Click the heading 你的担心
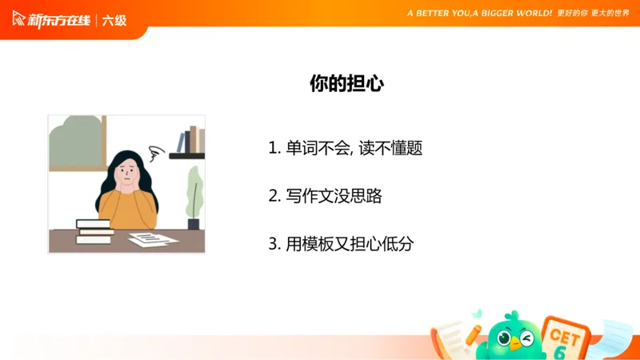(x=346, y=84)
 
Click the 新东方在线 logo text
(x=59, y=19)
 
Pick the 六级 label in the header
(x=114, y=19)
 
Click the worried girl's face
(x=128, y=170)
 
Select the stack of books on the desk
(x=94, y=231)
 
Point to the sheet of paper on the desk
(x=153, y=238)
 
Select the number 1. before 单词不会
(x=274, y=148)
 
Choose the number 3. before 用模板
(x=274, y=244)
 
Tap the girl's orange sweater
(x=129, y=209)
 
